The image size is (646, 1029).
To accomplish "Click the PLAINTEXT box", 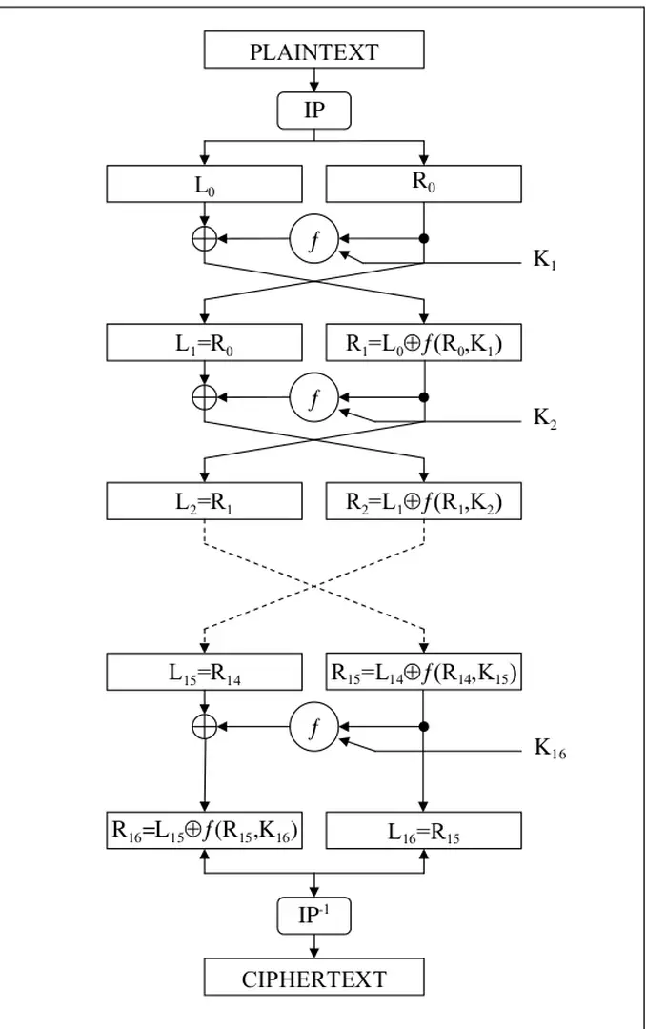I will click(x=313, y=50).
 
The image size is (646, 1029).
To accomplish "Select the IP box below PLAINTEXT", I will click(x=313, y=111).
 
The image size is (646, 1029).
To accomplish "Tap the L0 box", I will click(x=204, y=184).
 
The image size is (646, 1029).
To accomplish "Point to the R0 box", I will click(x=423, y=184).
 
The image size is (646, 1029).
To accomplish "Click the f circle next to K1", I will click(x=314, y=240).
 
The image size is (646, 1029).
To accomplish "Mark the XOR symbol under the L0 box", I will click(x=204, y=239).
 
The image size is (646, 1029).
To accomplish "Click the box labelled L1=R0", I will click(x=204, y=344).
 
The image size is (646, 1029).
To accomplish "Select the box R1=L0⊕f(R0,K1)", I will click(x=423, y=344).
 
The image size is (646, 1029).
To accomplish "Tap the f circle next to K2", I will click(x=314, y=397).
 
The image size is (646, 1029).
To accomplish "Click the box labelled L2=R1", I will click(x=204, y=502).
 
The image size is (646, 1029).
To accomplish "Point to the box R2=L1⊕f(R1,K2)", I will click(x=423, y=502).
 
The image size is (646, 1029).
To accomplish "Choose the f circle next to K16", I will click(x=314, y=727).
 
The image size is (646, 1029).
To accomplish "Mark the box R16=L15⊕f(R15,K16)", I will click(x=204, y=830).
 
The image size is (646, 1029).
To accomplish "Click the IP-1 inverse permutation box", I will click(x=313, y=917).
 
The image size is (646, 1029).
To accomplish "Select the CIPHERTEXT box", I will click(x=313, y=978).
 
